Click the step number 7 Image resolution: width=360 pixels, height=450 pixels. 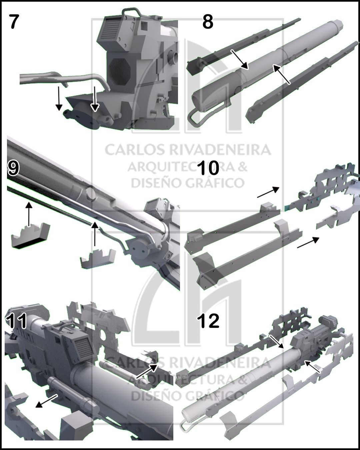14,22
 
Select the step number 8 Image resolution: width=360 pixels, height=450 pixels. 208,22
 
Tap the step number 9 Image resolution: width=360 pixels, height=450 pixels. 13,168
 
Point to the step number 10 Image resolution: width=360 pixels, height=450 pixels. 208,168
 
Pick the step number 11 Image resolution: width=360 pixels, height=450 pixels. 16,321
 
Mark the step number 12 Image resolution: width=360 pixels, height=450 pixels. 208,321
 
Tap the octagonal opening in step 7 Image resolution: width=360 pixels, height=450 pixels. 119,70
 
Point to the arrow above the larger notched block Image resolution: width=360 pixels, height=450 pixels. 29,214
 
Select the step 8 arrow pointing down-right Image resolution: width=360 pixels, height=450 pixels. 240,60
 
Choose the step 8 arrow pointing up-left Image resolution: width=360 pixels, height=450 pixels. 281,74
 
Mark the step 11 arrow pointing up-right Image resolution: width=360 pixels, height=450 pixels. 147,371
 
